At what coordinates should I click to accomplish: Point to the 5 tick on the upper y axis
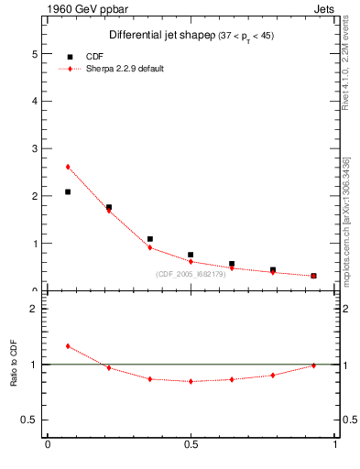38,53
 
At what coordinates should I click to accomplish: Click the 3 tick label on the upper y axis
38,148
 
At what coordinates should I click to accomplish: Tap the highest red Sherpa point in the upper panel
68,167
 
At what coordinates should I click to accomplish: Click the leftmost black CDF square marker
68,191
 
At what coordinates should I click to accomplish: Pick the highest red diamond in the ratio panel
68,346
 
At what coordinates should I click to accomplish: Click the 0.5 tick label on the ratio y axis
33,420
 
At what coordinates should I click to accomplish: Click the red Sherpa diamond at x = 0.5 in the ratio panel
191,381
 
